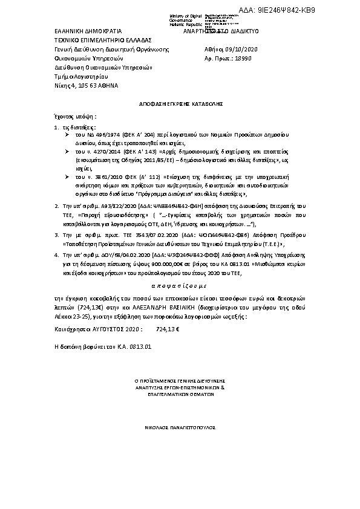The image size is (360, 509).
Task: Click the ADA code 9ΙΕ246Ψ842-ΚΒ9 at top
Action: click(x=315, y=10)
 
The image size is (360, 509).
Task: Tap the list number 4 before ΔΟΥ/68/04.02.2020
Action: click(x=56, y=256)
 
